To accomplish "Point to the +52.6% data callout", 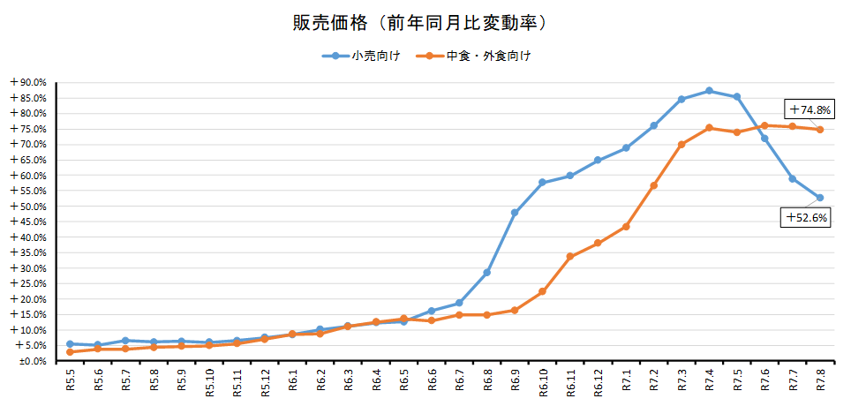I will [804, 217].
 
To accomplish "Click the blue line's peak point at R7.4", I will [709, 91].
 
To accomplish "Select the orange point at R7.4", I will [709, 128].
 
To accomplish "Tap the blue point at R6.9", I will [515, 213].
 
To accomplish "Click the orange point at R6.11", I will [570, 257].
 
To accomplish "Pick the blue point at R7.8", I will [820, 198].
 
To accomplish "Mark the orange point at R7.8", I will [820, 130].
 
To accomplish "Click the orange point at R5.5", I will [70, 352].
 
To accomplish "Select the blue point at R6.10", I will [542, 183].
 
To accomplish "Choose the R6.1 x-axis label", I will [292, 380].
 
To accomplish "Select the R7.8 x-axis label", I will [820, 380].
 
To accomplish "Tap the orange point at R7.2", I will [654, 185].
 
